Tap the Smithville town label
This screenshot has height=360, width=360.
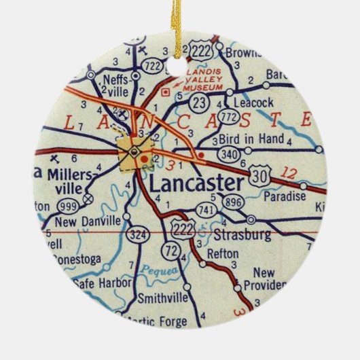pos(162,298)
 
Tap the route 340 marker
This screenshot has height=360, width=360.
pos(230,156)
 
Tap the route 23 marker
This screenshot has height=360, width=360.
pos(199,103)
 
